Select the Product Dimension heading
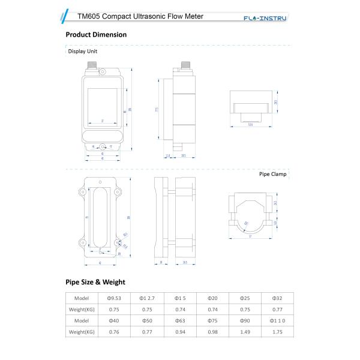pos(96,34)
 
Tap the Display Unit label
pos(82,52)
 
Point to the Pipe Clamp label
pos(272,175)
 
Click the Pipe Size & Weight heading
pos(95,281)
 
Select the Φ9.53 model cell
pos(114,298)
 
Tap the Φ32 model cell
pos(278,298)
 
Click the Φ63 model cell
pos(179,320)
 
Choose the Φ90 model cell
pos(245,320)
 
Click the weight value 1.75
pos(278,331)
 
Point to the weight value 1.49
pos(245,331)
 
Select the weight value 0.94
pos(179,331)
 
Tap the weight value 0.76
pos(114,331)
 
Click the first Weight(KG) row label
pos(82,310)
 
